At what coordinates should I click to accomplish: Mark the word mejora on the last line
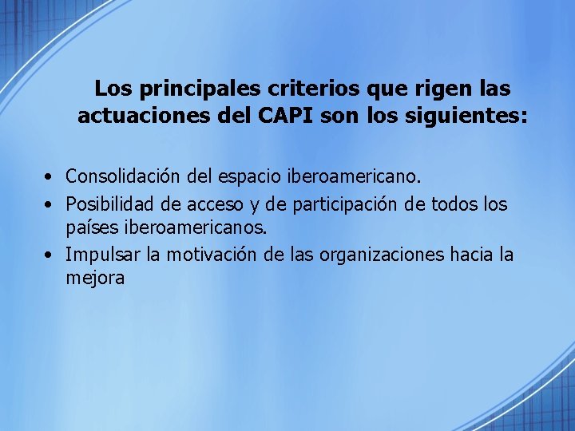click(95, 279)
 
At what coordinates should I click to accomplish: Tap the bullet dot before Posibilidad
click(50, 205)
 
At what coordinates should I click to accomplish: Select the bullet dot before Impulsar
click(50, 255)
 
